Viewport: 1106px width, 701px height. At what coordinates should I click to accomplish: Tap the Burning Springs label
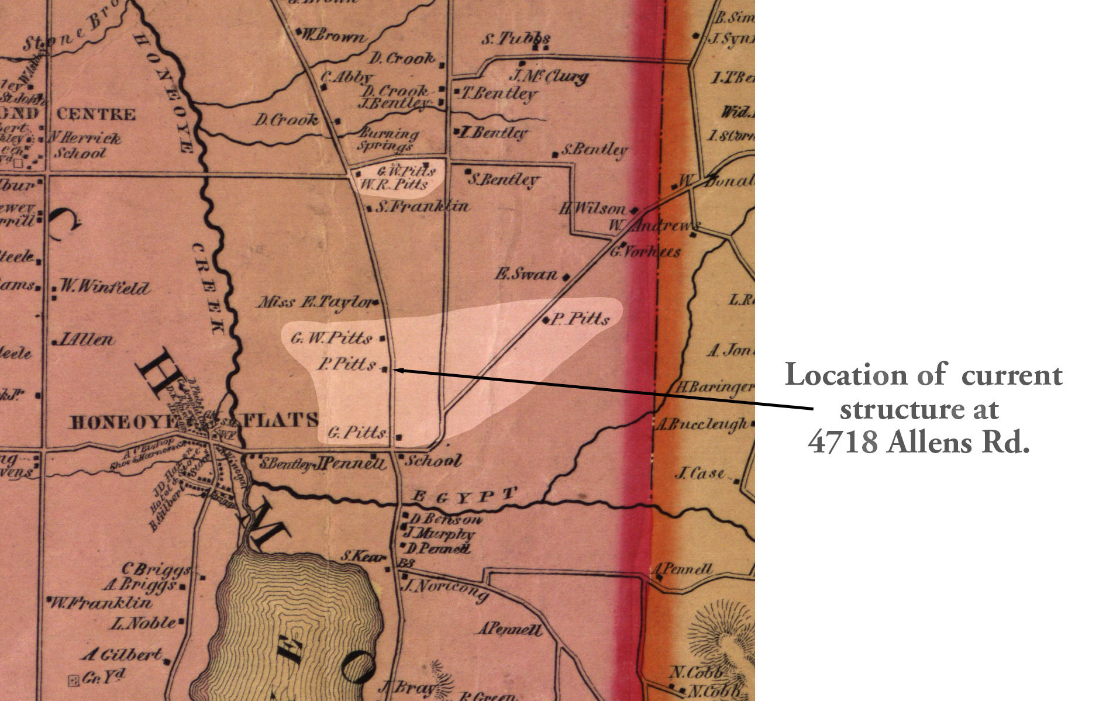388,139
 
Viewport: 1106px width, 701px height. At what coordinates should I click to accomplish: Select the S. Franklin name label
422,206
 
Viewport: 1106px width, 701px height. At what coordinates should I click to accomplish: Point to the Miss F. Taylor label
315,302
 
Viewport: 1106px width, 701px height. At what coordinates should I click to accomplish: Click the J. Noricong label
446,589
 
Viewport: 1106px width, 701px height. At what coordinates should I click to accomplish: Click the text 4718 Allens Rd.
919,442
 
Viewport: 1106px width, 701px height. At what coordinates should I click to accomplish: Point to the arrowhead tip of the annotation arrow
396,370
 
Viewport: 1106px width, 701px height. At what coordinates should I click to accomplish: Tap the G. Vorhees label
646,252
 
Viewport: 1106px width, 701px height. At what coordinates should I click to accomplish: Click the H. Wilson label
592,208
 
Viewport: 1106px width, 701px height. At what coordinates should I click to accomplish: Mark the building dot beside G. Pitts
399,437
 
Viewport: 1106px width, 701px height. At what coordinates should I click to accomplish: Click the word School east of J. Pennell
433,460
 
